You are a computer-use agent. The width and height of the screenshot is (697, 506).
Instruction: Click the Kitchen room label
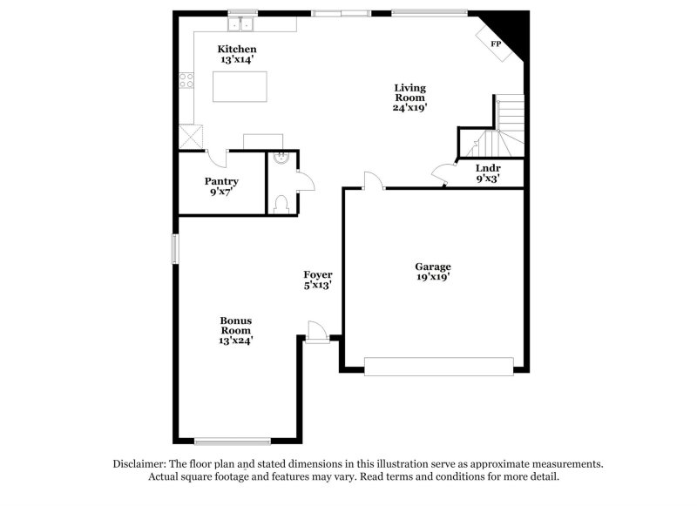pos(237,48)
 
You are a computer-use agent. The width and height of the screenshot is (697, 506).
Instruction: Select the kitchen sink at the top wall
pos(240,23)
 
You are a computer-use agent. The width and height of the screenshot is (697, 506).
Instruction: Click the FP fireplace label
pos(496,44)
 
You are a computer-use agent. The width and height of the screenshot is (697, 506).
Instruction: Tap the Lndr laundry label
pos(488,167)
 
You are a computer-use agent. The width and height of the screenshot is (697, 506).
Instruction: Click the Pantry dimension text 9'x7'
pos(221,192)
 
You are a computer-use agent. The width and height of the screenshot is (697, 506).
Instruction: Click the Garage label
pos(433,266)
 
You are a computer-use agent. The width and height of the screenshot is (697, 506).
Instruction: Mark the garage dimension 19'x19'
pos(433,278)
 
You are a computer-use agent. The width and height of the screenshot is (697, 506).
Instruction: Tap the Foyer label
pos(318,274)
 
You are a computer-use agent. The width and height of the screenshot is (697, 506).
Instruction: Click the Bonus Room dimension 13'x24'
pos(235,341)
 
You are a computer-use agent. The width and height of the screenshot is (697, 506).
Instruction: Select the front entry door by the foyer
pos(317,335)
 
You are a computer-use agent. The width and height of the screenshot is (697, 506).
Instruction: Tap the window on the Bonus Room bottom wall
pos(233,441)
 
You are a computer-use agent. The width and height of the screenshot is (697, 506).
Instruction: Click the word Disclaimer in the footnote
pos(142,464)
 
